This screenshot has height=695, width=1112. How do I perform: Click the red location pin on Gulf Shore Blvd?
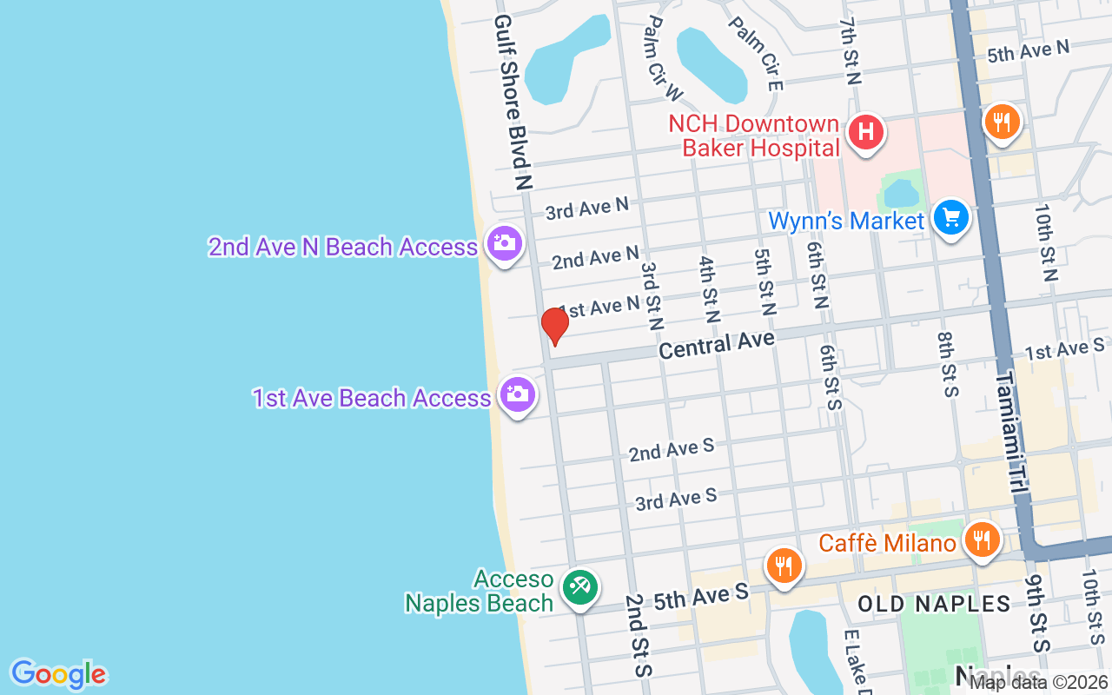(x=554, y=326)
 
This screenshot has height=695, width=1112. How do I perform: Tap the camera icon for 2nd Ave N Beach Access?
(x=504, y=243)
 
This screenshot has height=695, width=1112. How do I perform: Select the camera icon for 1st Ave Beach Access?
(x=518, y=395)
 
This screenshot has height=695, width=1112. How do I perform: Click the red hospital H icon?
(x=865, y=133)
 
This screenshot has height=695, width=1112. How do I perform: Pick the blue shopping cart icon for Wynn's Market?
(x=951, y=217)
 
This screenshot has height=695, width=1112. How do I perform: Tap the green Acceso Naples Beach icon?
(x=578, y=587)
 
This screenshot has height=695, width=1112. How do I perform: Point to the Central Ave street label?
(x=716, y=345)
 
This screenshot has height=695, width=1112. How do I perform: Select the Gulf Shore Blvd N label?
(x=512, y=102)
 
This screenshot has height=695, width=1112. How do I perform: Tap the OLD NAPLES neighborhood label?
(x=934, y=604)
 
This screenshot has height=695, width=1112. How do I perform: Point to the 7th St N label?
(x=850, y=50)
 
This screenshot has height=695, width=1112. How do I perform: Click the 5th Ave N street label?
(x=1028, y=52)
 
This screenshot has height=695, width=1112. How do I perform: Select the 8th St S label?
(x=947, y=364)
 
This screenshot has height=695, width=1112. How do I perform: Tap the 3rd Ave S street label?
(x=675, y=500)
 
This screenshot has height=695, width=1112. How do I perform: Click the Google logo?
(x=58, y=674)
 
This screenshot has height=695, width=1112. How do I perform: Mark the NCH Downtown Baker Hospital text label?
(x=753, y=136)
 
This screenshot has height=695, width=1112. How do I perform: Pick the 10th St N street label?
(x=1045, y=242)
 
